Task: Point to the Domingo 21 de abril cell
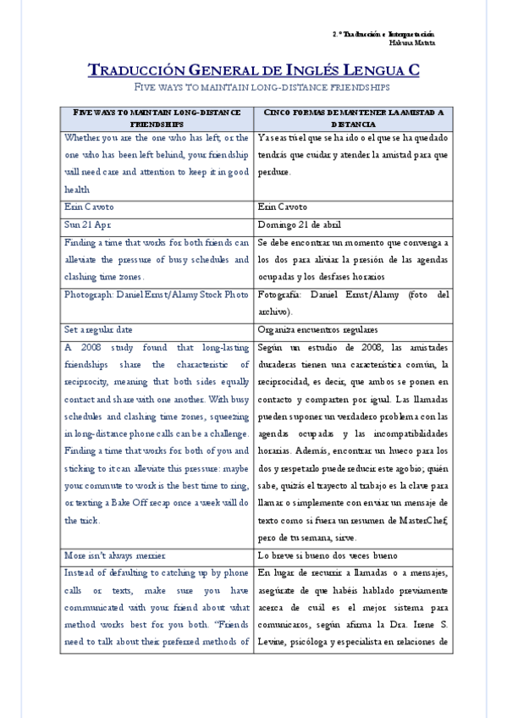pos(300,224)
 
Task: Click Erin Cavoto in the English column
pos(89,207)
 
